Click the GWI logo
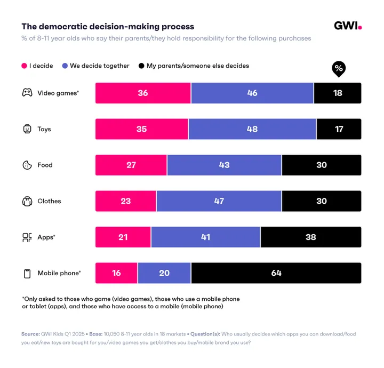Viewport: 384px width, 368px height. pos(348,26)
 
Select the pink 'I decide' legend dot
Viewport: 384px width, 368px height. pos(24,66)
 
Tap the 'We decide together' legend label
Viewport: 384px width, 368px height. pos(99,66)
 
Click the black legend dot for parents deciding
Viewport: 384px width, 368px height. pos(141,66)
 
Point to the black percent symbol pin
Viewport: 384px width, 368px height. pos(338,69)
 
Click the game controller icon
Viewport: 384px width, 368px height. pos(27,93)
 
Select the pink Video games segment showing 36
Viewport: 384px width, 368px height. pos(143,93)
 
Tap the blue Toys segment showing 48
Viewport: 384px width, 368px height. pos(252,129)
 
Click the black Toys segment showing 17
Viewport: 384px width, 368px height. pos(339,129)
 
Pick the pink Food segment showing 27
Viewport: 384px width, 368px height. pos(131,165)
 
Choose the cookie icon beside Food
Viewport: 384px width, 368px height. pos(27,165)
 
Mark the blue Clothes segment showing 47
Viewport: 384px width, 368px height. pos(219,201)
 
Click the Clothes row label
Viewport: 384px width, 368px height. pos(49,201)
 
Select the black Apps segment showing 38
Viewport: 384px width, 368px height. pos(310,237)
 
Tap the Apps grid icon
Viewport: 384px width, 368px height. pos(27,237)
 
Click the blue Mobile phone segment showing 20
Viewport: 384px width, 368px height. pos(164,273)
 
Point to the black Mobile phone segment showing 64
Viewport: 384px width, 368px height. pos(276,273)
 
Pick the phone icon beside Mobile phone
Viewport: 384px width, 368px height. pos(27,274)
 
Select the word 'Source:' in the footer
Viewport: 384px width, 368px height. pos(30,334)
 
